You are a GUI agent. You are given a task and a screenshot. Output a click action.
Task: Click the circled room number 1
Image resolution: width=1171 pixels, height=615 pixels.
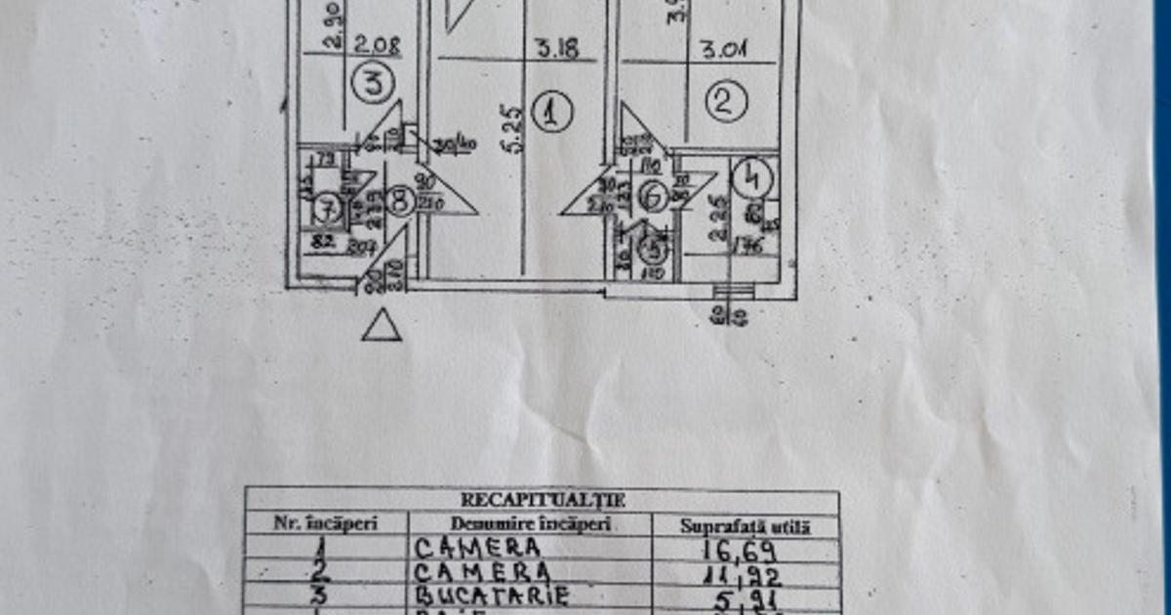tap(552, 113)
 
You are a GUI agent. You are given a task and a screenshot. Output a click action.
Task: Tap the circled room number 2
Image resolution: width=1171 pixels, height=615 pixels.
tap(726, 102)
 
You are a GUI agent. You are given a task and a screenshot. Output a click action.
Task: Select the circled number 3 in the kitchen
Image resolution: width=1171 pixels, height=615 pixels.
tap(371, 83)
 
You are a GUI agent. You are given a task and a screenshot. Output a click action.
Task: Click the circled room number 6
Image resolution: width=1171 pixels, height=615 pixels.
tap(653, 197)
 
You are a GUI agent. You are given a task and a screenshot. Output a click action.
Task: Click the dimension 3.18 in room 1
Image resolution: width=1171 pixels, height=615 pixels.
tap(553, 47)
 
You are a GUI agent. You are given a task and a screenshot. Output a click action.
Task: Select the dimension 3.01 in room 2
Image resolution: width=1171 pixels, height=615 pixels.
tap(723, 49)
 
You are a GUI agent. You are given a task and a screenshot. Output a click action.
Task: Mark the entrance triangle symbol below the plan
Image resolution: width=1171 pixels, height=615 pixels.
tap(382, 326)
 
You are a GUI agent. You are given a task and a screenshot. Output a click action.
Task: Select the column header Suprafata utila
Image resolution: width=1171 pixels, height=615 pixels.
tap(746, 526)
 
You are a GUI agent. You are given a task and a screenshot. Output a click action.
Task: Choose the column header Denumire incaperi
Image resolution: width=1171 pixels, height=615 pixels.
tap(531, 524)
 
